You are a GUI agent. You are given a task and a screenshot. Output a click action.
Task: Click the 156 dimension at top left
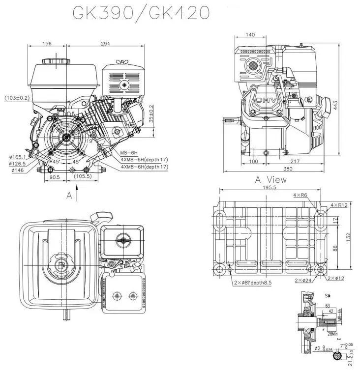pyautogui.click(x=47, y=44)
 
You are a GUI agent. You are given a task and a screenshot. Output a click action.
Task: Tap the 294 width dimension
pyautogui.click(x=105, y=44)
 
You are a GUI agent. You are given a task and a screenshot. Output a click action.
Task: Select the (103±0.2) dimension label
pyautogui.click(x=16, y=98)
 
